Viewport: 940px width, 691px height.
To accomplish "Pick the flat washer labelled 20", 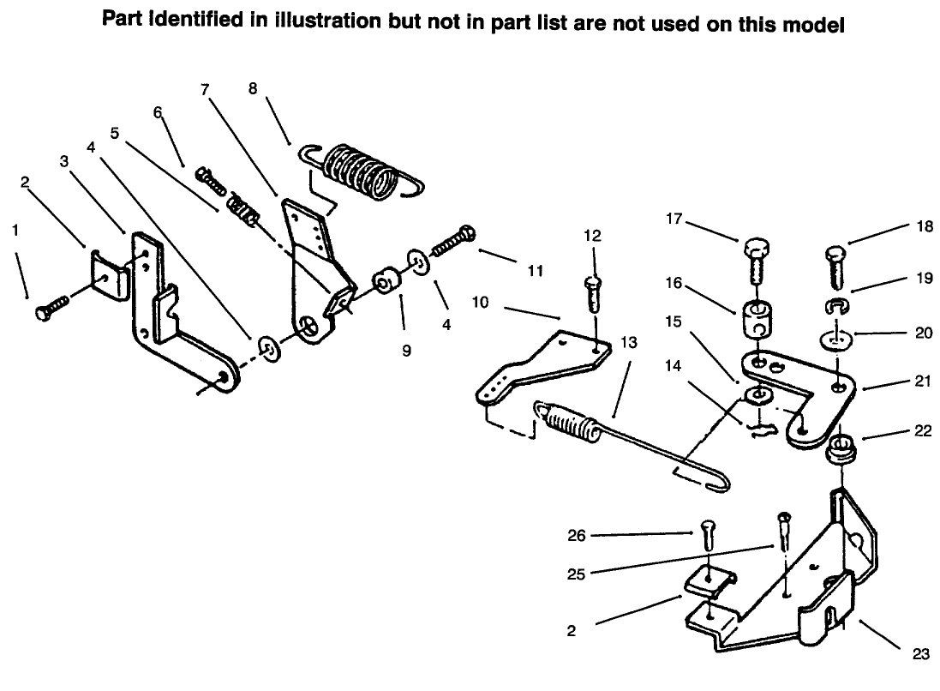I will point(837,339).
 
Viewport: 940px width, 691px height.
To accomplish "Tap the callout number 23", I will point(919,654).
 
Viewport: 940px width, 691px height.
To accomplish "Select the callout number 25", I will point(576,574).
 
